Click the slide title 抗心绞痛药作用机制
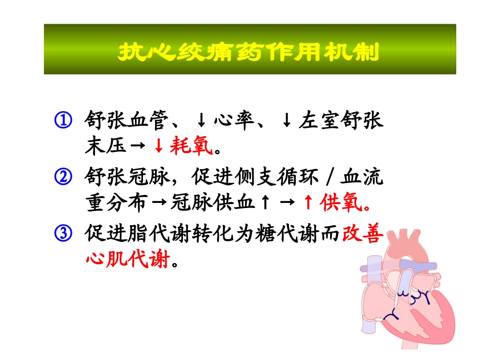pos(248,52)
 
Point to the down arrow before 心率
pos(201,121)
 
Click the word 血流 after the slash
pos(362,178)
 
